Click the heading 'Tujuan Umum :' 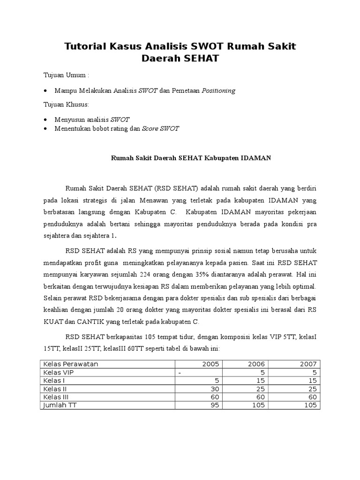66,75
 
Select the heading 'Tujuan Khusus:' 66,104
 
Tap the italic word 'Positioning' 218,90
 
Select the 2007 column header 308,364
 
